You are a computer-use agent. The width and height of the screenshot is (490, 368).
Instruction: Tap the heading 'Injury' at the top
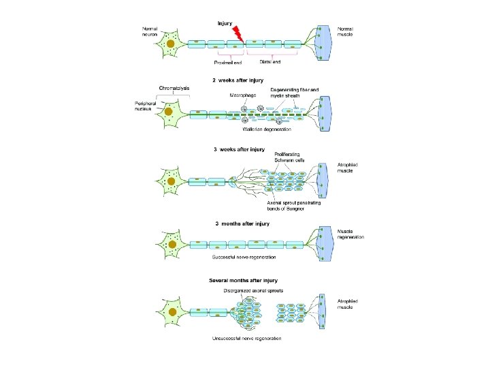(x=225, y=23)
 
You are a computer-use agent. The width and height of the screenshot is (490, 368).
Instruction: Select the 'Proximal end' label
(x=228, y=64)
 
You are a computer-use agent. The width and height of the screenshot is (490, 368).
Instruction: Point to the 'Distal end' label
(x=269, y=62)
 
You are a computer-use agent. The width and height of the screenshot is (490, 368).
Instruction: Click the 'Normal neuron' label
(x=150, y=31)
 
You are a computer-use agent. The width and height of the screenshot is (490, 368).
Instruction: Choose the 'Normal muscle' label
(x=346, y=31)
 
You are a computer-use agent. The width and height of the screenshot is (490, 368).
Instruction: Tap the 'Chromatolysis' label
(x=174, y=88)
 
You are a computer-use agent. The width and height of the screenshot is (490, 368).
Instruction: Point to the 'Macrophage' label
(x=242, y=95)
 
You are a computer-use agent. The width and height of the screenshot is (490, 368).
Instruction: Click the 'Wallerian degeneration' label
(x=267, y=129)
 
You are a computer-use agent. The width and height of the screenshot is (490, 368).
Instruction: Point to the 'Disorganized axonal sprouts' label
(x=253, y=290)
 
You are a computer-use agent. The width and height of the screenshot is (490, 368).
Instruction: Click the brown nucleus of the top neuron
(x=172, y=46)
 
